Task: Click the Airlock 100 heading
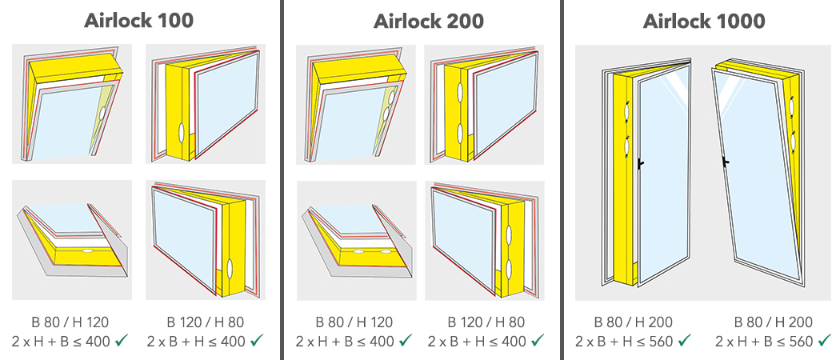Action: [x=138, y=20]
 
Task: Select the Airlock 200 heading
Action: [x=429, y=20]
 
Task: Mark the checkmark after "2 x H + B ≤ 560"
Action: [x=823, y=340]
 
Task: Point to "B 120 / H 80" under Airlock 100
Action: [x=205, y=322]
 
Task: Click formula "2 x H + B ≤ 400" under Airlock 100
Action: [x=61, y=341]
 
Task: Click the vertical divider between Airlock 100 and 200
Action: [x=281, y=180]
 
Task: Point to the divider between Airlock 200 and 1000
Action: [x=562, y=180]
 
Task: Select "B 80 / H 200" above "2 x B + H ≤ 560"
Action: [x=634, y=322]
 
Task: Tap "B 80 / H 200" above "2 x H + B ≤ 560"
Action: [x=773, y=322]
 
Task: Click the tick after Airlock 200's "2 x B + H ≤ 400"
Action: [x=538, y=340]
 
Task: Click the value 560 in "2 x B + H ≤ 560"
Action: [x=662, y=341]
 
